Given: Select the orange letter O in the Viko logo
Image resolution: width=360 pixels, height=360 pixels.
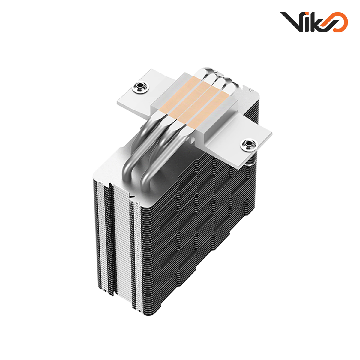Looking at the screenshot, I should pyautogui.click(x=339, y=22).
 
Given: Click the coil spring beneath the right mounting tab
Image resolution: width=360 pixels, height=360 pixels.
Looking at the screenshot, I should pyautogui.click(x=251, y=162).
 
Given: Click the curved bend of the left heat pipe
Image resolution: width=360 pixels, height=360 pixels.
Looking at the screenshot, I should pyautogui.click(x=130, y=162).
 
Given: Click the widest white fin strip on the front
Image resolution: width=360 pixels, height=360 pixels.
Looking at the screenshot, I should pyautogui.click(x=123, y=240).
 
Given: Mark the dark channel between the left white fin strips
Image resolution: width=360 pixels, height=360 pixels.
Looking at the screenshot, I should pyautogui.click(x=111, y=240).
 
